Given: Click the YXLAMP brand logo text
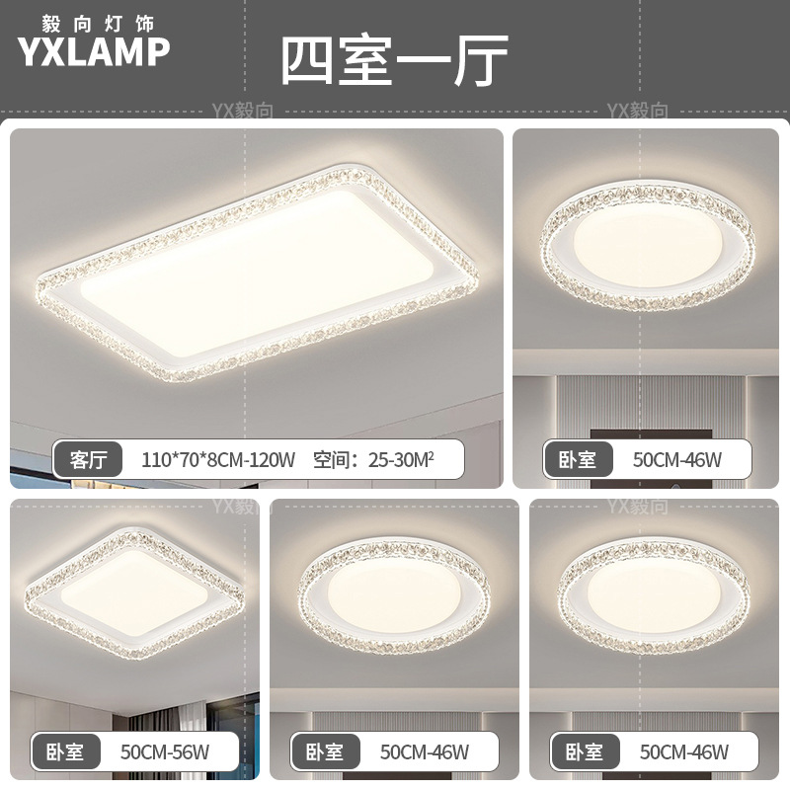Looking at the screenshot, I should pos(94,51).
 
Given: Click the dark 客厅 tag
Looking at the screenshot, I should pos(89,459).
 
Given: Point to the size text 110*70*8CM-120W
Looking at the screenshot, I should pos(218,459).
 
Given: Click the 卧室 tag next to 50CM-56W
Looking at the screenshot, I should pos(66,751).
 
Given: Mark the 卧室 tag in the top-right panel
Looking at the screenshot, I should pos(577,459).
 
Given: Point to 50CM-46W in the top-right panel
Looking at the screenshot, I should pos(677,459).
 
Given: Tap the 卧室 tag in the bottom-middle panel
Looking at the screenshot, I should pos(325,751).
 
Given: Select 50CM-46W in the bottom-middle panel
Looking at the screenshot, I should pos(425,751).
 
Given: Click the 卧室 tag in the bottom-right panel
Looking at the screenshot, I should pos(585,751).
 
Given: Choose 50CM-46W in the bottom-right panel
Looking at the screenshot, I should pos(684,751).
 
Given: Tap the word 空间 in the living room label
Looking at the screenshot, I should pos(332,459).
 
